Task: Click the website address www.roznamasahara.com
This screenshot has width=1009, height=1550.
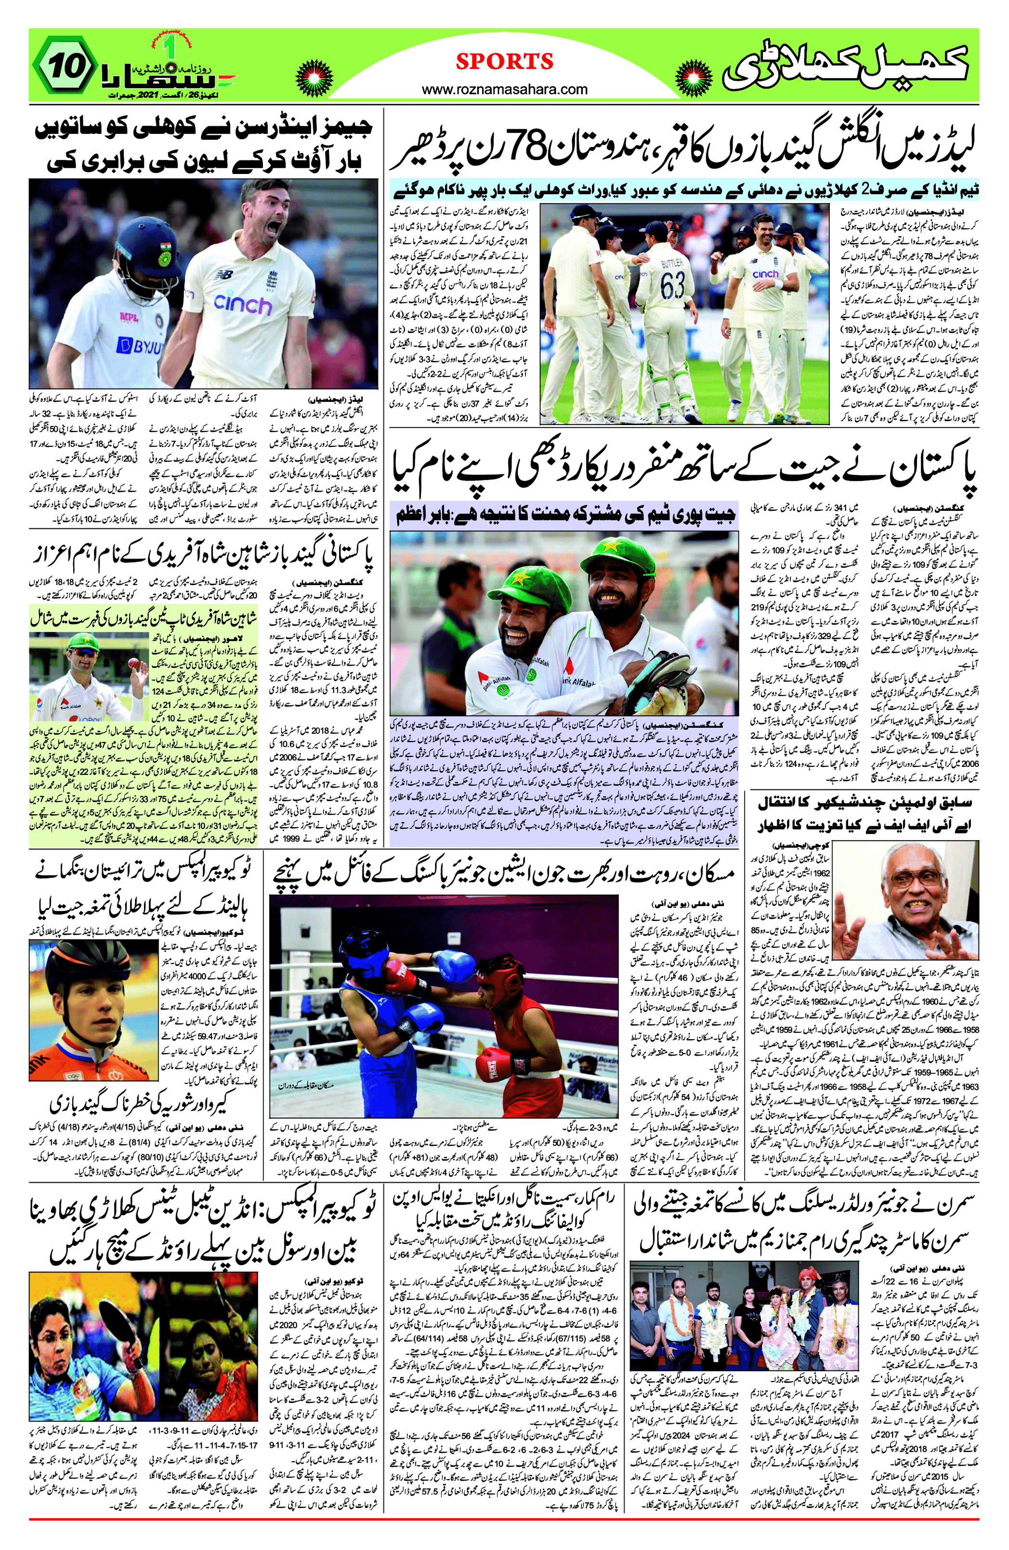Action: [x=505, y=90]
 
